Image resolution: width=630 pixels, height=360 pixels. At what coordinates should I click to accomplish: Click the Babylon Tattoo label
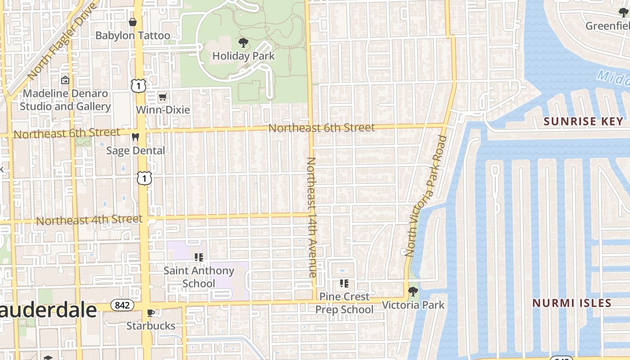pyautogui.click(x=133, y=36)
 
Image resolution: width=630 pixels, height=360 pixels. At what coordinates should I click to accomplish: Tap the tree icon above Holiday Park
pyautogui.click(x=243, y=43)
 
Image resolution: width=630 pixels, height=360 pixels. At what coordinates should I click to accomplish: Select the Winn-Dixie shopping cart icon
pyautogui.click(x=162, y=97)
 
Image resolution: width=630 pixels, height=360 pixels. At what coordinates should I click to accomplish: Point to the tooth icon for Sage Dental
pyautogui.click(x=135, y=137)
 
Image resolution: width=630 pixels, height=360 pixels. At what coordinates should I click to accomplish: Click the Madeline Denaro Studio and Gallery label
pyautogui.click(x=65, y=100)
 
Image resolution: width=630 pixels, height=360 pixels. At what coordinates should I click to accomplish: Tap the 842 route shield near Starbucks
pyautogui.click(x=122, y=305)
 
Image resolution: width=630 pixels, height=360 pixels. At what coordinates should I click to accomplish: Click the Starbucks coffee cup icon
pyautogui.click(x=151, y=313)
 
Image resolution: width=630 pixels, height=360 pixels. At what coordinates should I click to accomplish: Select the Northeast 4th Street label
pyautogui.click(x=89, y=220)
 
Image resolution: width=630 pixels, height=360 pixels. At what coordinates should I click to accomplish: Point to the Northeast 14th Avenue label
pyautogui.click(x=312, y=217)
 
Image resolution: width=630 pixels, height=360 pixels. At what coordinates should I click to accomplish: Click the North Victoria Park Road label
pyautogui.click(x=426, y=196)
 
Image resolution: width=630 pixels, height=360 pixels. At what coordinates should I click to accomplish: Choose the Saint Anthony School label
pyautogui.click(x=198, y=277)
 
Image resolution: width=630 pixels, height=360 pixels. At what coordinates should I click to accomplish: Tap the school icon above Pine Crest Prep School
pyautogui.click(x=344, y=283)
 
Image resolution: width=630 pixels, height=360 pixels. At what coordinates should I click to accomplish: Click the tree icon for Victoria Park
pyautogui.click(x=413, y=292)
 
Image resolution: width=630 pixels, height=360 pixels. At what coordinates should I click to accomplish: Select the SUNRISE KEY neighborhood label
pyautogui.click(x=584, y=121)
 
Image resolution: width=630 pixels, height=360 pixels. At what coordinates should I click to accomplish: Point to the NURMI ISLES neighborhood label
pyautogui.click(x=572, y=303)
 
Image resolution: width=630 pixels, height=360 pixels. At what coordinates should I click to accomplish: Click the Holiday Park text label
pyautogui.click(x=243, y=56)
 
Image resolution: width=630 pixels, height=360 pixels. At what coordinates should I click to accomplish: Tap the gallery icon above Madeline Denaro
pyautogui.click(x=65, y=81)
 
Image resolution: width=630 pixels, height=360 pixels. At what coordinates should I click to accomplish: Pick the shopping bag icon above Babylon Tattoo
pyautogui.click(x=133, y=22)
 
